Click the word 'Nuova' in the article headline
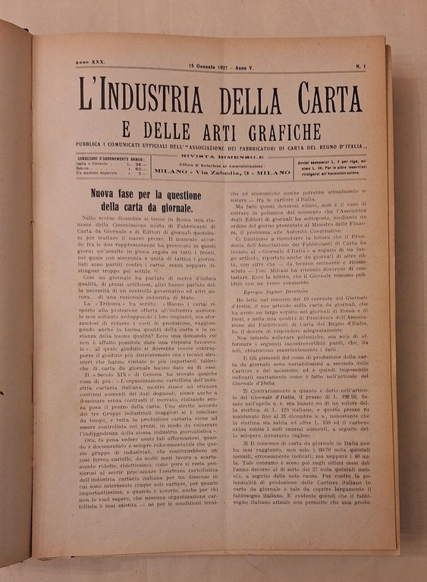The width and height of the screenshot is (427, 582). coord(107,195)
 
